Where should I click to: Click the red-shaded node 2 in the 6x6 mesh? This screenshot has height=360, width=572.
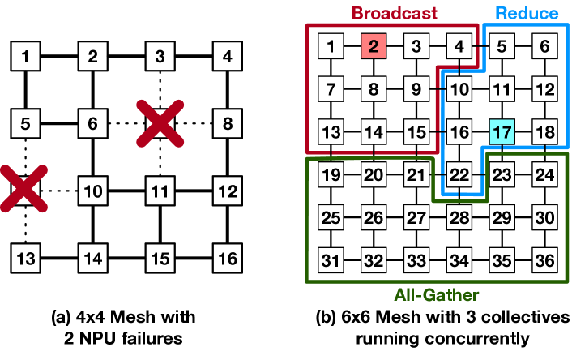pyautogui.click(x=374, y=46)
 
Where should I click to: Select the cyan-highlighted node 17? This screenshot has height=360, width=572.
pyautogui.click(x=502, y=132)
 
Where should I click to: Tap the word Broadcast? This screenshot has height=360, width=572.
pyautogui.click(x=395, y=13)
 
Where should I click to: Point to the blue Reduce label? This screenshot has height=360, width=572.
pyautogui.click(x=527, y=13)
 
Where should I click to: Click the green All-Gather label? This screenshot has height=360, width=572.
pyautogui.click(x=437, y=295)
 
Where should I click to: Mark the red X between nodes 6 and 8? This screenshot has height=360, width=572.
pyautogui.click(x=160, y=123)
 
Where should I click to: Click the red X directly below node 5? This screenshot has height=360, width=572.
pyautogui.click(x=24, y=189)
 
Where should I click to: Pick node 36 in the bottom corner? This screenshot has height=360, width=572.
pyautogui.click(x=544, y=260)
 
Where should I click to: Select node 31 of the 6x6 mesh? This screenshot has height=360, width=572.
pyautogui.click(x=331, y=260)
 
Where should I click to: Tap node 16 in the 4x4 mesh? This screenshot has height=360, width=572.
pyautogui.click(x=228, y=258)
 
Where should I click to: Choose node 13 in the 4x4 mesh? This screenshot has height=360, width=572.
pyautogui.click(x=26, y=258)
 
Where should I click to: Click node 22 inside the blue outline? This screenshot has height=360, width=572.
pyautogui.click(x=459, y=175)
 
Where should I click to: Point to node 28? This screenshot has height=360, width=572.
pyautogui.click(x=459, y=217)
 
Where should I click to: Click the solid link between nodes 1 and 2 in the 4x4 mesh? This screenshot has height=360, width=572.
pyautogui.click(x=59, y=56)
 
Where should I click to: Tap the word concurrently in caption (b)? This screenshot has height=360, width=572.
pyautogui.click(x=442, y=339)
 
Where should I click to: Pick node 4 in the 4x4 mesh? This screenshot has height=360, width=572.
pyautogui.click(x=228, y=56)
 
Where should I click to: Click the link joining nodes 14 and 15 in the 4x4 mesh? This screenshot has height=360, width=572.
pyautogui.click(x=126, y=258)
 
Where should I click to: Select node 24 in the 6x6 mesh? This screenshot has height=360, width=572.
pyautogui.click(x=544, y=175)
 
